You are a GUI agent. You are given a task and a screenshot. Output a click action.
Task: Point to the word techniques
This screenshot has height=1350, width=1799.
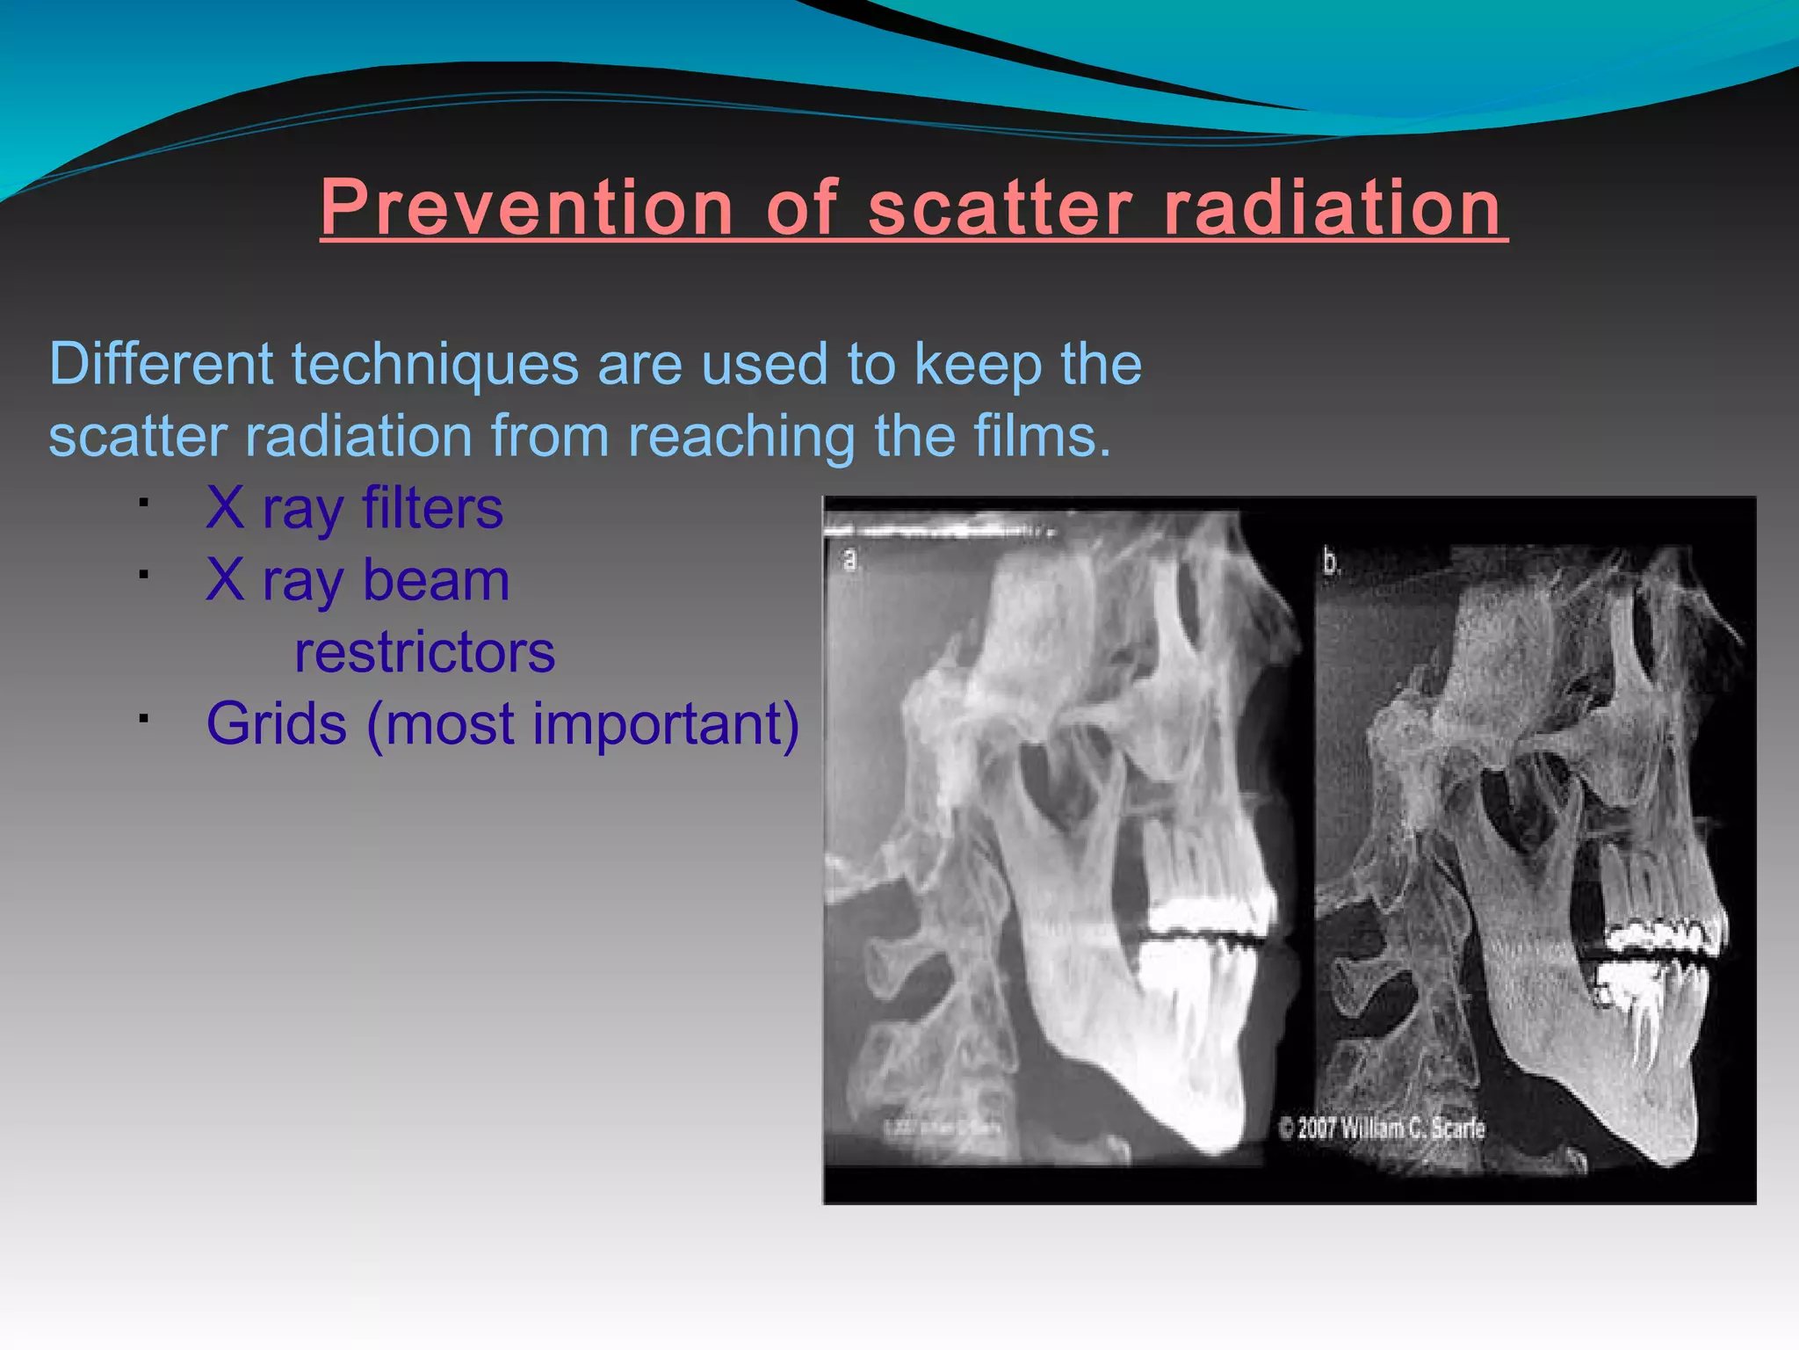point(434,365)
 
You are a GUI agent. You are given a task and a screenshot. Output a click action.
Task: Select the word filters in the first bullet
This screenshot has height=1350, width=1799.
point(432,508)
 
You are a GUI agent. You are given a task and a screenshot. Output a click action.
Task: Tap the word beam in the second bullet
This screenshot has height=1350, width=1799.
point(436,580)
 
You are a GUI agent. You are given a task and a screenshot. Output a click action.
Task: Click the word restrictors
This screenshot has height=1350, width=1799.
point(424,652)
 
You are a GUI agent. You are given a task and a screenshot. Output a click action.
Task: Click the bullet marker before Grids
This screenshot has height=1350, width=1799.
point(142,719)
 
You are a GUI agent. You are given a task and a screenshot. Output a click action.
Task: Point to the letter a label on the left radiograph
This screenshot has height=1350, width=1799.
point(849,559)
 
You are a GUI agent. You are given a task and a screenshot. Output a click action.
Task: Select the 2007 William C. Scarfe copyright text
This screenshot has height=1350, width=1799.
point(1382,1128)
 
